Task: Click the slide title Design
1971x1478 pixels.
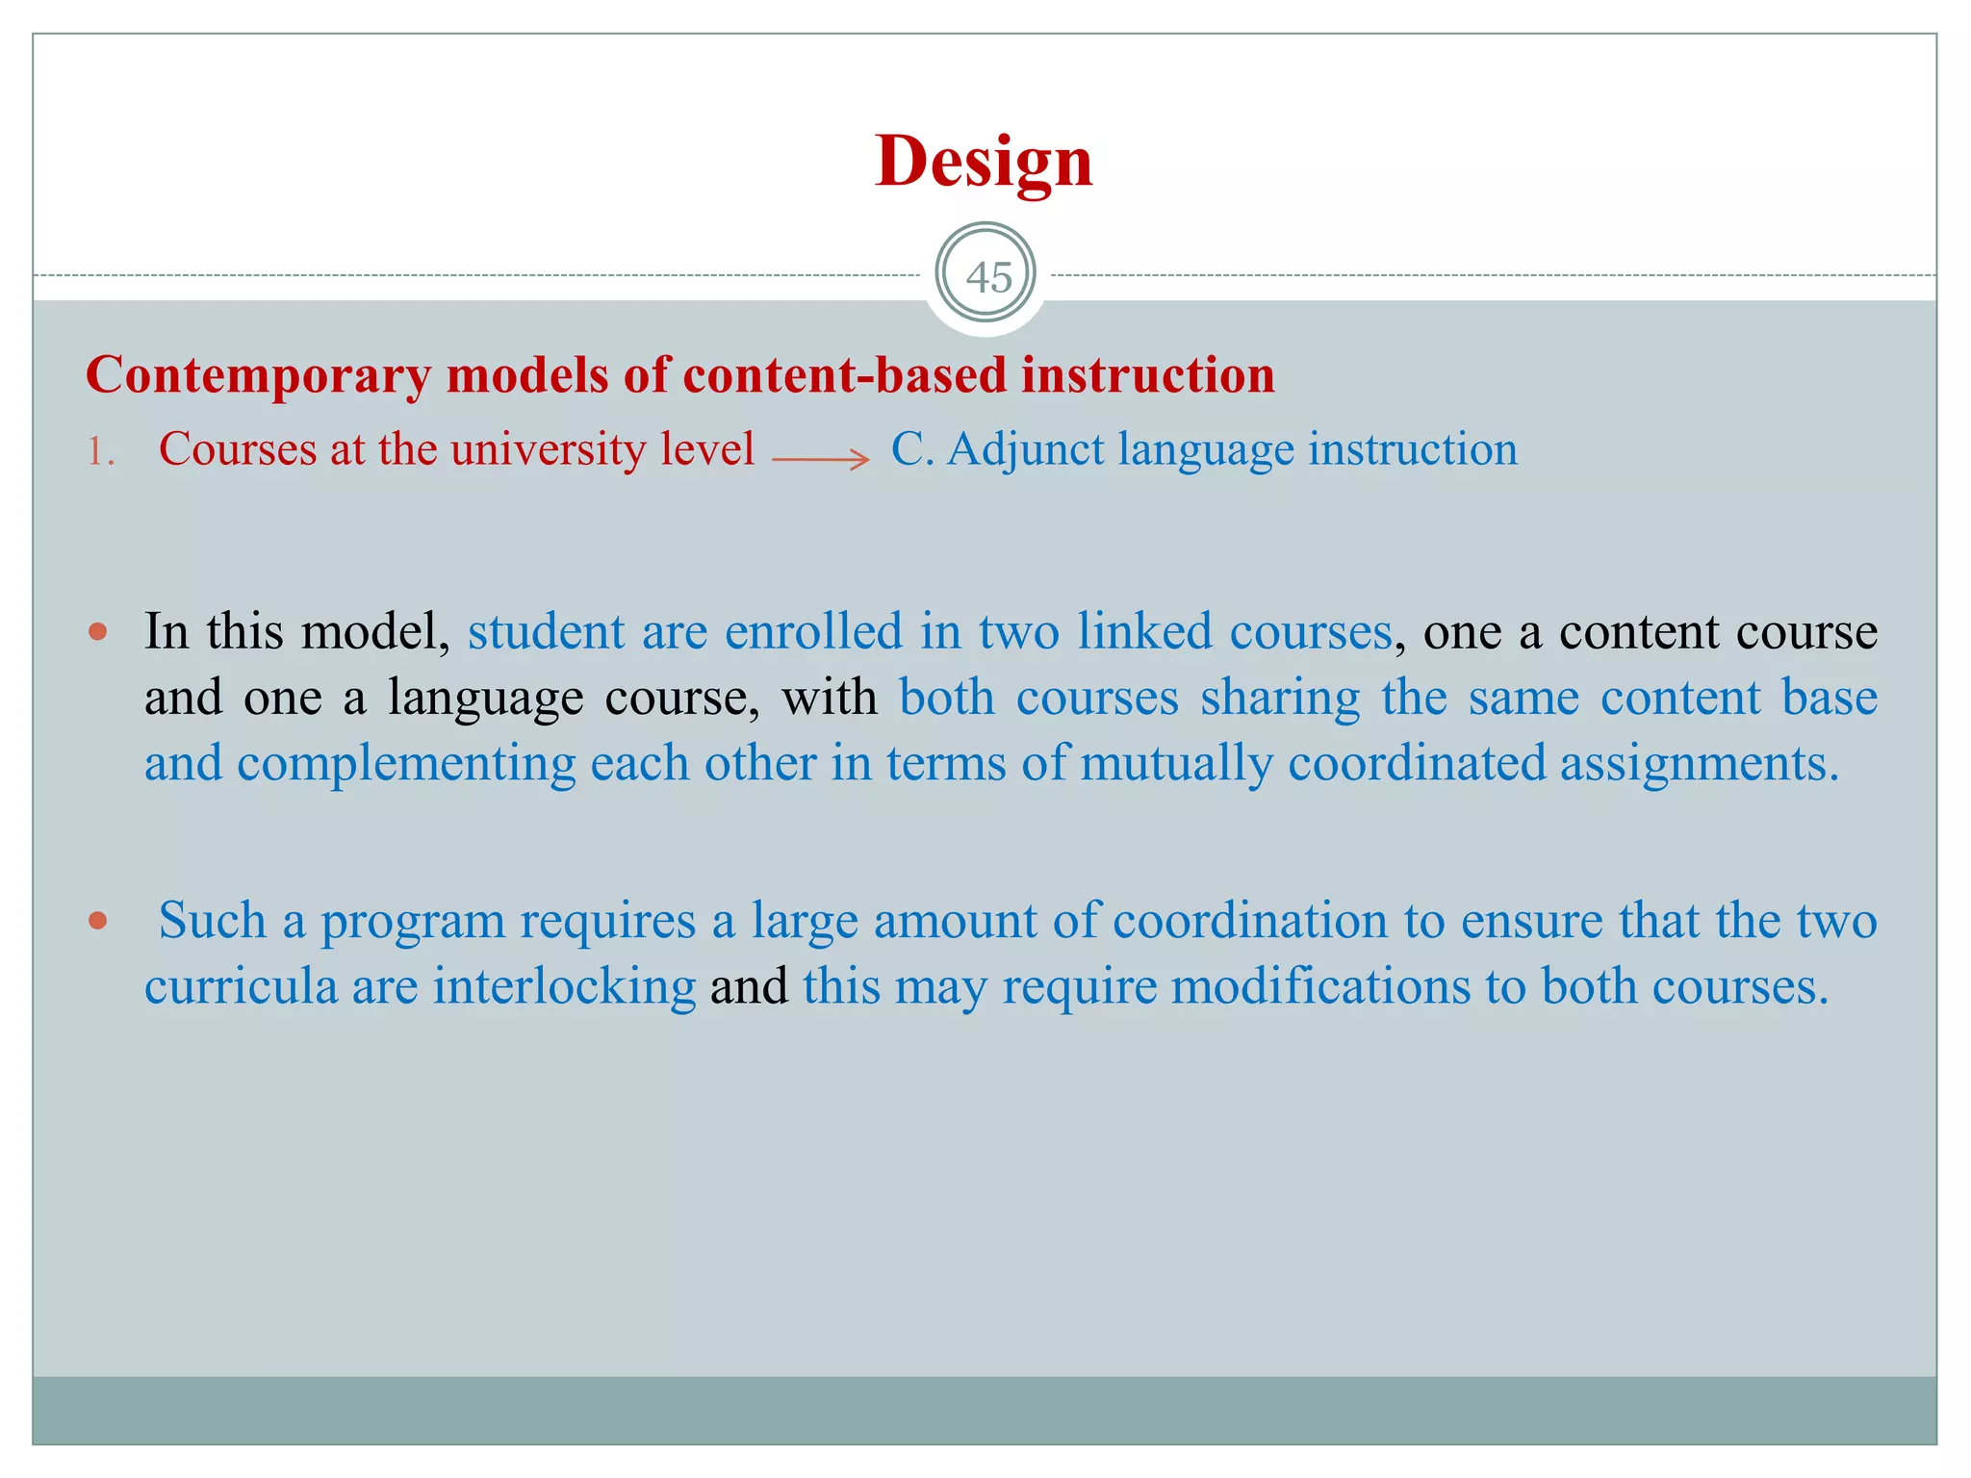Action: pyautogui.click(x=984, y=161)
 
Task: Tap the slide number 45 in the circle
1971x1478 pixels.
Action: pyautogui.click(x=988, y=277)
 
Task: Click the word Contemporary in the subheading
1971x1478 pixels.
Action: pyautogui.click(x=258, y=375)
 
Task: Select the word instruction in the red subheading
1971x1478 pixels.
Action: pyautogui.click(x=1147, y=374)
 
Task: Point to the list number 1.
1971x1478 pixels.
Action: pyautogui.click(x=100, y=451)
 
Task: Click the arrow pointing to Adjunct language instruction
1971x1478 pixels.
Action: pyautogui.click(x=821, y=460)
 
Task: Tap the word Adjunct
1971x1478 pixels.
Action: pyautogui.click(x=1025, y=450)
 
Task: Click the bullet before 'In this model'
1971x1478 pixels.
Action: pyautogui.click(x=97, y=632)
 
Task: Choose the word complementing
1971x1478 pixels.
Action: pyautogui.click(x=406, y=764)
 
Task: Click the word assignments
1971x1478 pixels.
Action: pyautogui.click(x=1699, y=764)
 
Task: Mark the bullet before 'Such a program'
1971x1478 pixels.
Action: pyautogui.click(x=97, y=921)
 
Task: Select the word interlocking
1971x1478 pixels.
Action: pyautogui.click(x=564, y=987)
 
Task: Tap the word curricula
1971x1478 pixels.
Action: pyautogui.click(x=241, y=987)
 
